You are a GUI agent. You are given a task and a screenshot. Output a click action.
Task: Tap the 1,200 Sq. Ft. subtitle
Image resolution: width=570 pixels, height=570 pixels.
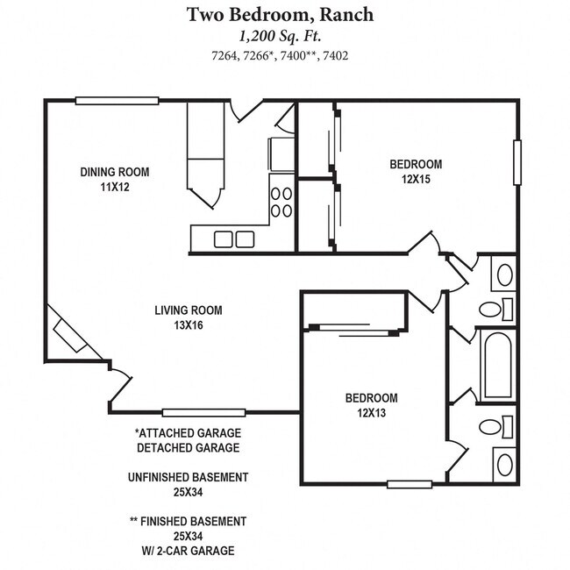coord(285,37)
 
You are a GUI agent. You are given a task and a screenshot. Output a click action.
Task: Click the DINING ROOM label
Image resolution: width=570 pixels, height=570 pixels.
coord(115,172)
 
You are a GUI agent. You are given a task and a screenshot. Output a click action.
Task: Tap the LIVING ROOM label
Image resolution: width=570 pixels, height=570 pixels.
coord(189,310)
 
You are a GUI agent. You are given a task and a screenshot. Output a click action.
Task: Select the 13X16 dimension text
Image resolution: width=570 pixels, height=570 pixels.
coord(189,325)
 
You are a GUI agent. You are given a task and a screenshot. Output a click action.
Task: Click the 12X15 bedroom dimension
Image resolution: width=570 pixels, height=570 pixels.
coord(416,179)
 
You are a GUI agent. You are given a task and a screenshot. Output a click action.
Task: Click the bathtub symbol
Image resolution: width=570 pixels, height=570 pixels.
coord(496,365)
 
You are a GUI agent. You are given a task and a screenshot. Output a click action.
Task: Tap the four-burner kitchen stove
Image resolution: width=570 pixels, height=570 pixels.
coord(281,202)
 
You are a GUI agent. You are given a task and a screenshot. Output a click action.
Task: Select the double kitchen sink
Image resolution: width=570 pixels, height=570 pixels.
coord(234,239)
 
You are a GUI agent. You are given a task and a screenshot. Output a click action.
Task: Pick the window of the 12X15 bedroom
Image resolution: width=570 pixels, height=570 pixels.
coord(517,163)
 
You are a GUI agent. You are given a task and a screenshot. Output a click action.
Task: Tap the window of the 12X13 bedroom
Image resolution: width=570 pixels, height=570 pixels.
coord(410,483)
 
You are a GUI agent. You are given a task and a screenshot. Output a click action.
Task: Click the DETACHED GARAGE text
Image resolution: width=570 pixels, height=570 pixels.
coord(188,448)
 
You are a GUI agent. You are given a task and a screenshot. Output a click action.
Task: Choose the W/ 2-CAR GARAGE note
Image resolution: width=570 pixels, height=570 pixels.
coord(188,551)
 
